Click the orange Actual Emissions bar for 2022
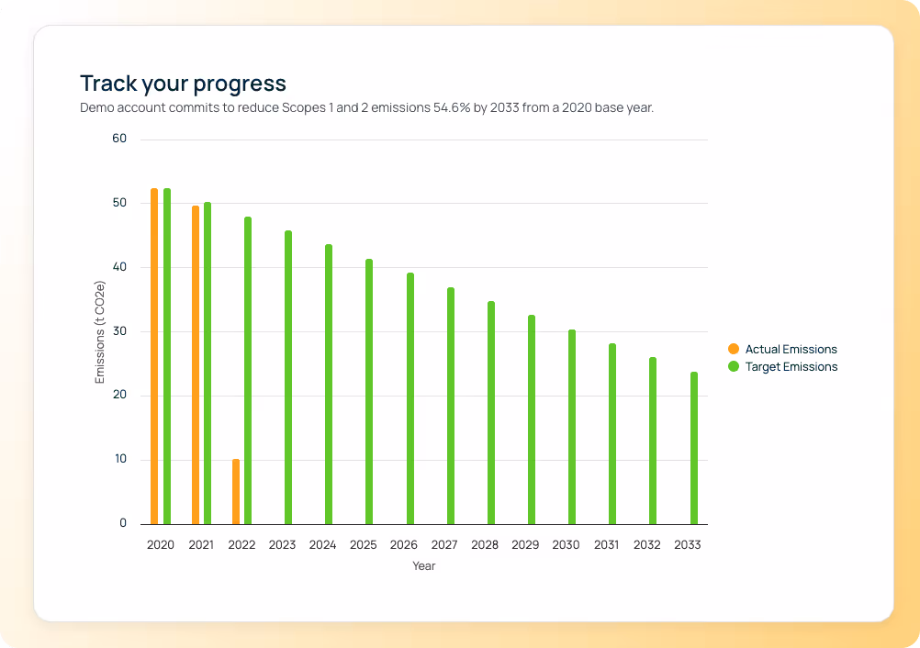236,492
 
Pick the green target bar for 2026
410,398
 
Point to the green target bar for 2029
532,419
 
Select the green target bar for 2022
248,371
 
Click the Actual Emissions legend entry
791,349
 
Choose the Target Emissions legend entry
791,366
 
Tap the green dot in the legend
733,366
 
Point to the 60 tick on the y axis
119,139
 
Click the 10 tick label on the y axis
119,460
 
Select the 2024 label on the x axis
322,544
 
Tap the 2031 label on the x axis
606,544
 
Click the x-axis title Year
423,566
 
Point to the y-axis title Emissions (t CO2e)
100,333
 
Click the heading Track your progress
183,84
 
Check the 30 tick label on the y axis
119,331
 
